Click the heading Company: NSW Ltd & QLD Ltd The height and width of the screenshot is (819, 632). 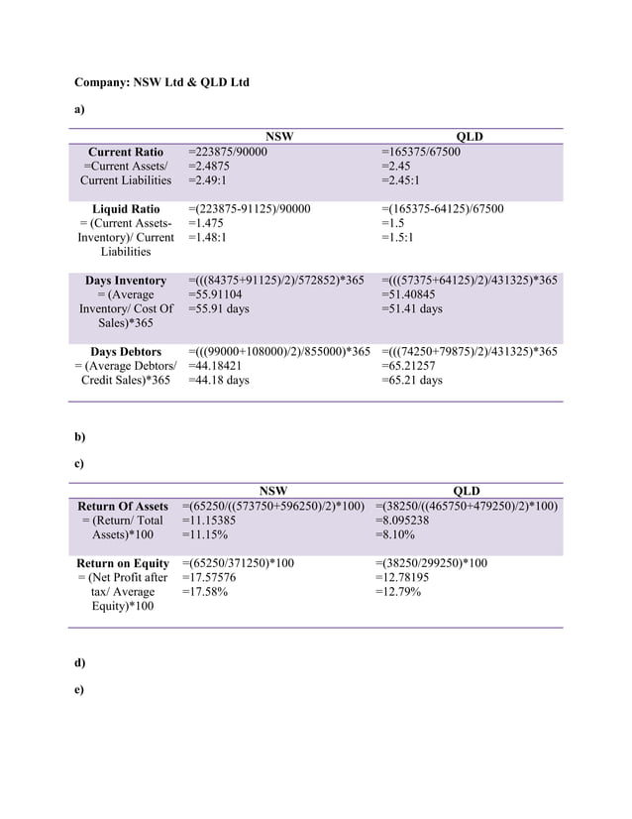(161, 81)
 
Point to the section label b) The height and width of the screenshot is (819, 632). (80, 436)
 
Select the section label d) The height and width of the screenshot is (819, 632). (80, 661)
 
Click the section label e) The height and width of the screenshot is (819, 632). (80, 689)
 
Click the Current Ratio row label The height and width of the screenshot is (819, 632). (126, 152)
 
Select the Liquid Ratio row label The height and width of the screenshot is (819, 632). (126, 209)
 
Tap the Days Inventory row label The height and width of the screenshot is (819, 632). (126, 281)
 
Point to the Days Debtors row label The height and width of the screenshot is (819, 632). (126, 352)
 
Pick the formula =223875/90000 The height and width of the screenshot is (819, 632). (227, 152)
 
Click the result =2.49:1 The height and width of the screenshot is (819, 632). (207, 180)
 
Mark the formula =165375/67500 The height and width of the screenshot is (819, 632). (420, 152)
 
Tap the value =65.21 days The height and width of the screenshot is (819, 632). (411, 381)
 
